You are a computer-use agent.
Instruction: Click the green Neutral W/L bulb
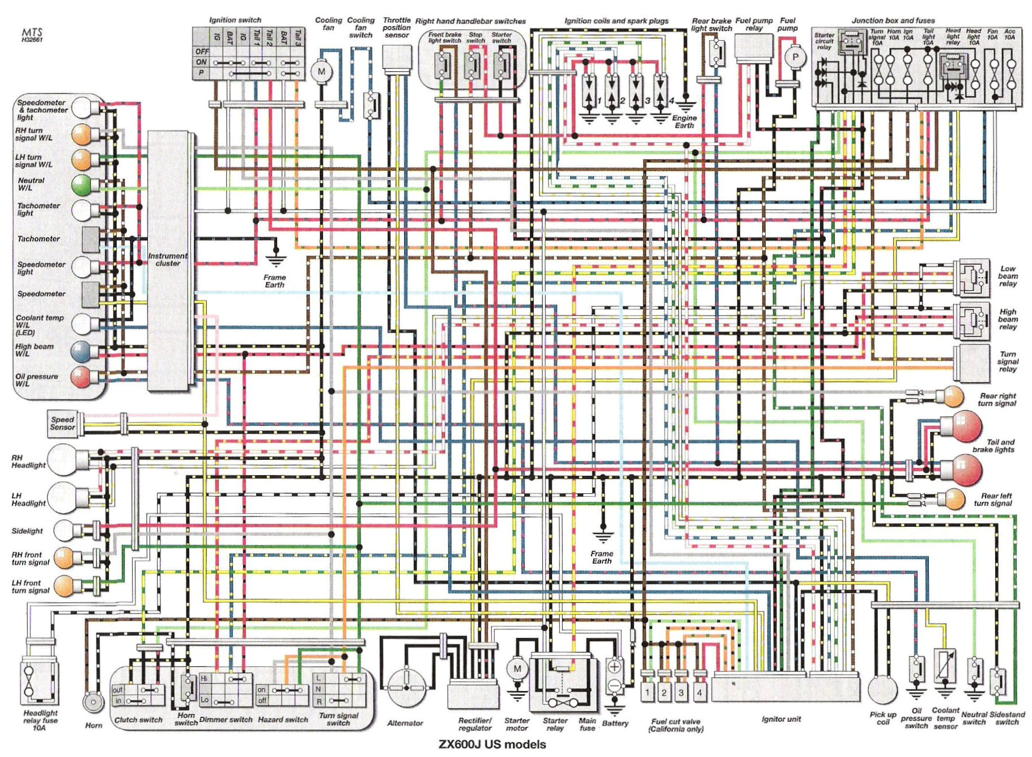82,185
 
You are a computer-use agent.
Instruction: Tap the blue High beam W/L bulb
81,351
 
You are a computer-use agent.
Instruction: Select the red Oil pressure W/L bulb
81,377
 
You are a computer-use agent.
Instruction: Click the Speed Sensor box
62,424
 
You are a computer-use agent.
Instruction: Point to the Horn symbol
93,703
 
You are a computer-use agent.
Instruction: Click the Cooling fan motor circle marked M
321,71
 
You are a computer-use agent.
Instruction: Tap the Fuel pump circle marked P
795,57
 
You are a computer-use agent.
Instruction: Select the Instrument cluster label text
167,259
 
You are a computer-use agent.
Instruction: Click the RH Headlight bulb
62,459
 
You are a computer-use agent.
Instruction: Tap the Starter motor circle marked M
516,669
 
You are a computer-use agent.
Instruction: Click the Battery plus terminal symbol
614,667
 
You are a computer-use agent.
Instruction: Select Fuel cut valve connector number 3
681,692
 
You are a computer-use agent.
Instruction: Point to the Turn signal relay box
971,362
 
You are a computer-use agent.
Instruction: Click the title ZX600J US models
492,744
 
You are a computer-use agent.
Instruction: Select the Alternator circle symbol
407,687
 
